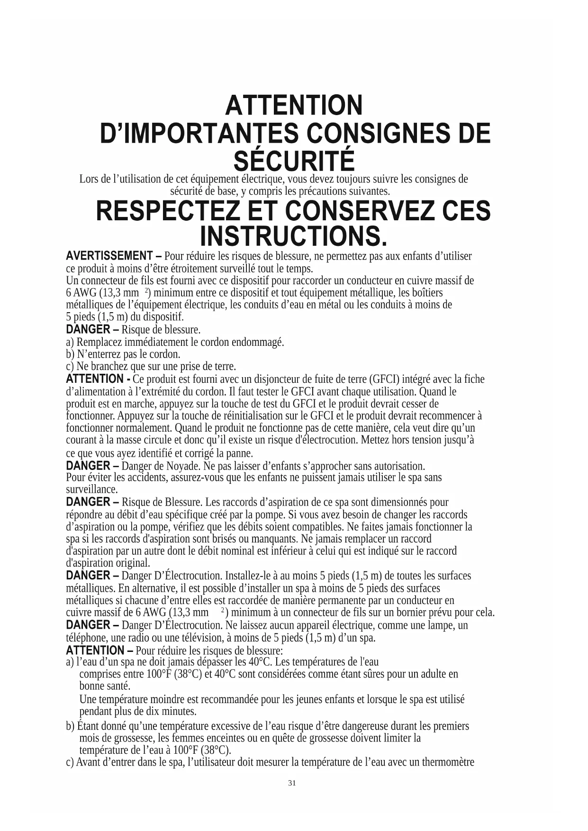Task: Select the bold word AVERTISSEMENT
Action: click(109, 256)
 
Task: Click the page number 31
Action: click(292, 783)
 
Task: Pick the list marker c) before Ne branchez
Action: click(70, 367)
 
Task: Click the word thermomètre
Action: click(447, 762)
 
